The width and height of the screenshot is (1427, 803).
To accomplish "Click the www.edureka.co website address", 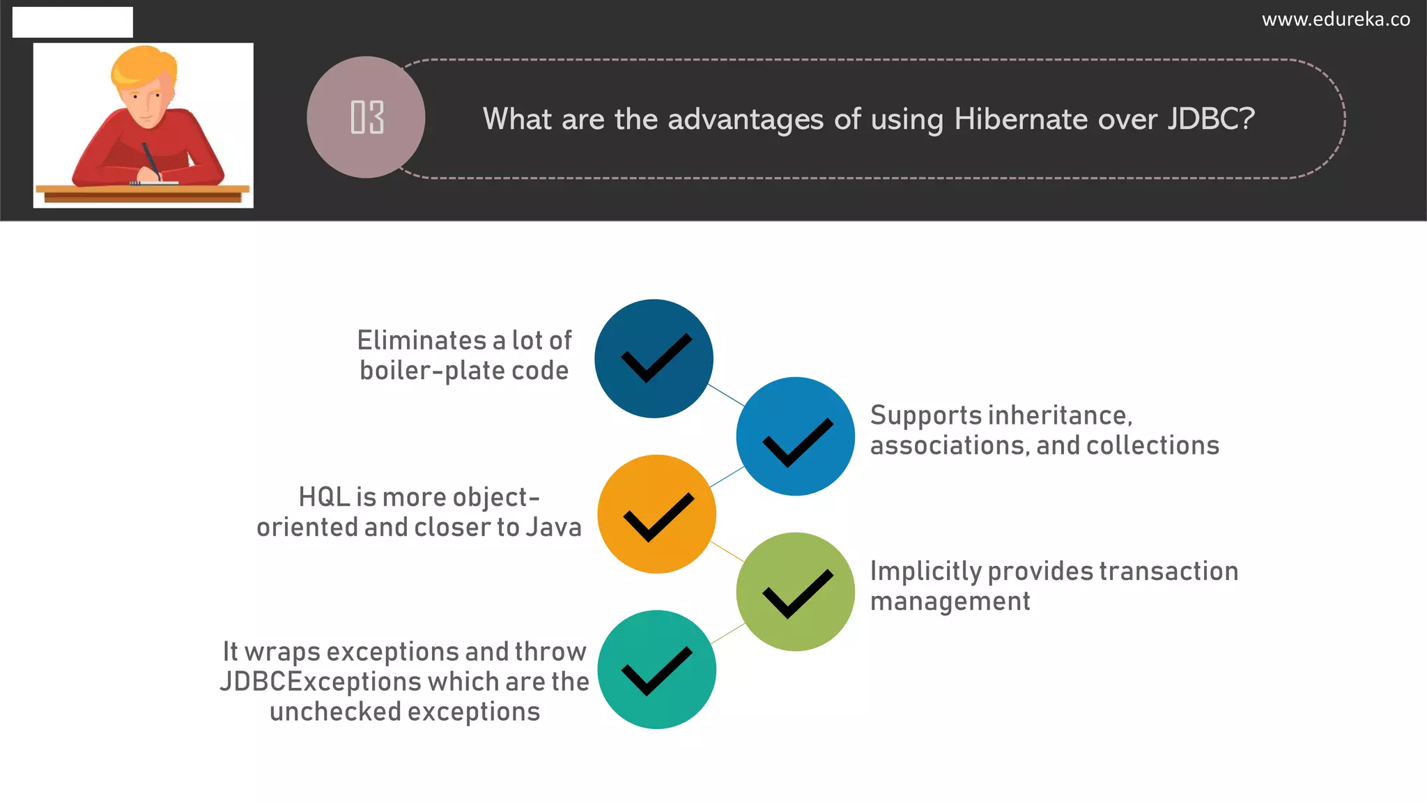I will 1336,20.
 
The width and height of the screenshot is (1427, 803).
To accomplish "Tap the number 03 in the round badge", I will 367,117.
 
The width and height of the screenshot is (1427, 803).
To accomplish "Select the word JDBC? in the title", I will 1211,119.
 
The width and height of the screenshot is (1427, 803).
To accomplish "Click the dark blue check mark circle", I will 654,358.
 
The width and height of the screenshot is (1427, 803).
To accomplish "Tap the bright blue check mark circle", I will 795,436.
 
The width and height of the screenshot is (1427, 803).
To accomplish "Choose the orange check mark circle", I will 656,514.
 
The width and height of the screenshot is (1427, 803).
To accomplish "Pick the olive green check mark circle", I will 795,592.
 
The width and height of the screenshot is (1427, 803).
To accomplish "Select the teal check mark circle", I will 656,669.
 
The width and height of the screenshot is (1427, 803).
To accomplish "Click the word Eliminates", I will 422,341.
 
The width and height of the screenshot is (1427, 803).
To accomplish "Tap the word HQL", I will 324,497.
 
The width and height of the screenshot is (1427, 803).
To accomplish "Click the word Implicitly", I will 925,572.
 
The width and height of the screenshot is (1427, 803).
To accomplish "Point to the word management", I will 950,602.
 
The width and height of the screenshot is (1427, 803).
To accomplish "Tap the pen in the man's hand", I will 151,160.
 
